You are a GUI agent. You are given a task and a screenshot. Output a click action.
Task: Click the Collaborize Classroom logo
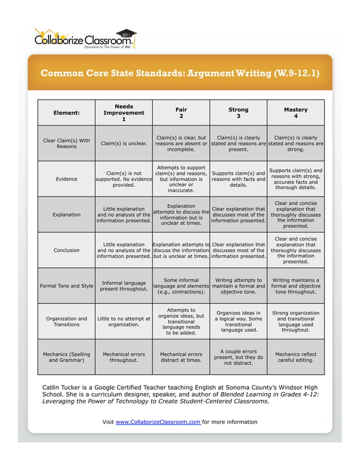[x=85, y=39]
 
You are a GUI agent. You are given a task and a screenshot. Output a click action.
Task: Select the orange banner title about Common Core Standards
[x=179, y=73]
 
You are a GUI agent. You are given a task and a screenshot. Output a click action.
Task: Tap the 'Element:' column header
[x=67, y=113]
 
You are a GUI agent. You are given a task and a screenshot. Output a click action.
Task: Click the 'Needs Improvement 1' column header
[x=124, y=113]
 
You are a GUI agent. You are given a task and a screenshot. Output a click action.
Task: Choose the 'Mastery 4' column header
[x=296, y=113]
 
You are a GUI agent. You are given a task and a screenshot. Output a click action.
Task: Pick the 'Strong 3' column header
[x=238, y=113]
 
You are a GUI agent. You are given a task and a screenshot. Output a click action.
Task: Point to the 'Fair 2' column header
[x=181, y=113]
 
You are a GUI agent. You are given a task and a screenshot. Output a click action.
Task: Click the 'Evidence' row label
[x=67, y=179]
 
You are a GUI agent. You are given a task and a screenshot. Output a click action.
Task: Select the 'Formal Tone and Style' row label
[x=67, y=285]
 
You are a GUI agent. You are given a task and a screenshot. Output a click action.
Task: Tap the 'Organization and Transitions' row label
[x=67, y=322]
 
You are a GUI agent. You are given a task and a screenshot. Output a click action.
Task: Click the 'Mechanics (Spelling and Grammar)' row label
[x=67, y=357]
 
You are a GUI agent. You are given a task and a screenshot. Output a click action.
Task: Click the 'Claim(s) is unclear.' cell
[x=124, y=143]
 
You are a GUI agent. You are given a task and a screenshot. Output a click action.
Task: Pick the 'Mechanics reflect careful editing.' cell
[x=296, y=357]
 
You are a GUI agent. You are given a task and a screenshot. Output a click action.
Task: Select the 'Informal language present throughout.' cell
[x=124, y=285]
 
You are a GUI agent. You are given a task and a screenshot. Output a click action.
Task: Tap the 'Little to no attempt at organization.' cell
[x=124, y=322]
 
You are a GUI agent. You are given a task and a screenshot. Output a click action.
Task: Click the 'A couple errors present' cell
[x=238, y=357]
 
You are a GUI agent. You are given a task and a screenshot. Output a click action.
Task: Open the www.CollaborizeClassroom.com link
[x=159, y=422]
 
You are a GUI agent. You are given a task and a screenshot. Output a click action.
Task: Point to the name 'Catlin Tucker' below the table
[x=63, y=387]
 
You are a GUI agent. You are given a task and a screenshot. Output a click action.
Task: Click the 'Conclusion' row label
[x=67, y=250]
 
